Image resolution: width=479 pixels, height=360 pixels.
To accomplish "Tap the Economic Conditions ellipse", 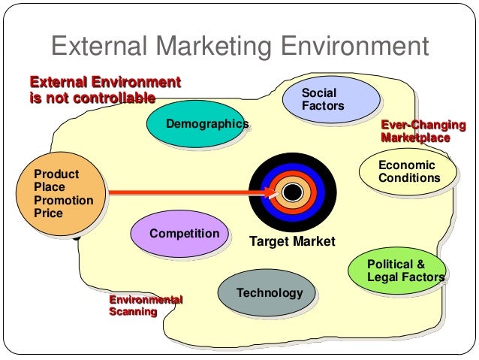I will coord(408,172).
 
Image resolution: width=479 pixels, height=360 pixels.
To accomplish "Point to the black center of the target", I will coord(293,192).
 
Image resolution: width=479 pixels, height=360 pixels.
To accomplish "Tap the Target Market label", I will coord(292,241).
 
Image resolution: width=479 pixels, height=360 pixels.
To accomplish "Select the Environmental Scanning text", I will coord(146,306).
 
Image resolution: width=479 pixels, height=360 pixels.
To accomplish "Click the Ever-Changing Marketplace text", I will coord(423,132).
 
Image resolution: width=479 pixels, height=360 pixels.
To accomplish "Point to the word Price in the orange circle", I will coord(49,213).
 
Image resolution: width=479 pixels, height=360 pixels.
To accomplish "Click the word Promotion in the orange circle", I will coord(64,201).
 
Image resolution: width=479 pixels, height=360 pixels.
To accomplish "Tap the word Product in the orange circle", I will coord(56,174).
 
